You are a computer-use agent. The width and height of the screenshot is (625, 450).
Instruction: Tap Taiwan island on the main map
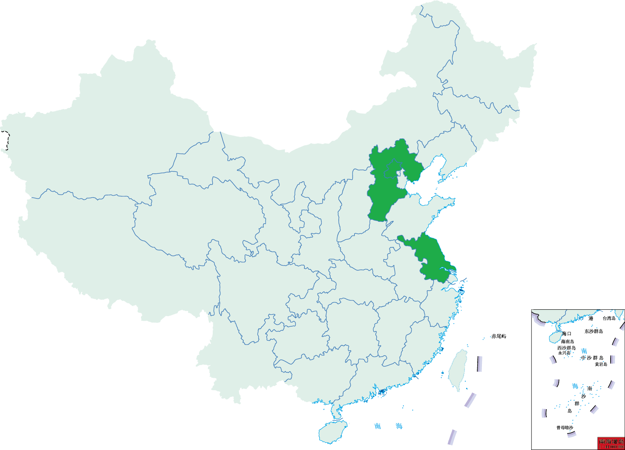458,368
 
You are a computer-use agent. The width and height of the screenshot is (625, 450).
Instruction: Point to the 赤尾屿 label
498,336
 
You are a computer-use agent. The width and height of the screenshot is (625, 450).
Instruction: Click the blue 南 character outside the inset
377,426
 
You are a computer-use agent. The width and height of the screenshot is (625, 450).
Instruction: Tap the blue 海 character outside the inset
399,426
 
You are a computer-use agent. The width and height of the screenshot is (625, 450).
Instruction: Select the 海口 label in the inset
567,334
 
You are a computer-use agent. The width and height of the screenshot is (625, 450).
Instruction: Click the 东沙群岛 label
594,331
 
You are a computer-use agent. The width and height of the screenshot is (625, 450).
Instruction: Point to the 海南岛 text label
567,341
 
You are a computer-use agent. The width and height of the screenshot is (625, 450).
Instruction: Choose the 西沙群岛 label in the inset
566,348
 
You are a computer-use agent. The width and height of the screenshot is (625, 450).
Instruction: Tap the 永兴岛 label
564,353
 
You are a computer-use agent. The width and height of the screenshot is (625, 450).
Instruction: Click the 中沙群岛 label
592,358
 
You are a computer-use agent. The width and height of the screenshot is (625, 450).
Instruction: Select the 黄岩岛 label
601,364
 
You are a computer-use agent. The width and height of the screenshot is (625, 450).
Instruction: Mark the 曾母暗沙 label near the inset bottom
565,427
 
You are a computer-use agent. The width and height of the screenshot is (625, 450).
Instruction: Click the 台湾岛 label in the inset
609,318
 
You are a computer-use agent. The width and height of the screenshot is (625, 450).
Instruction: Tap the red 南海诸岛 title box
611,441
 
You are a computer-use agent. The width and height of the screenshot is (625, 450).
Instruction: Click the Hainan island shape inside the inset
555,338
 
